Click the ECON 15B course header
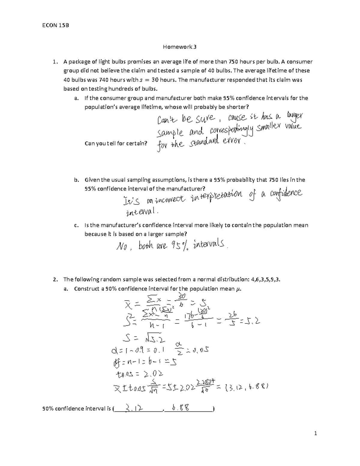point(56,25)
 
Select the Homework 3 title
point(180,47)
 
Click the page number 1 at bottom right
point(316,433)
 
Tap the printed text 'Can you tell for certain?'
point(116,143)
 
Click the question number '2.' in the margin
point(55,279)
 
